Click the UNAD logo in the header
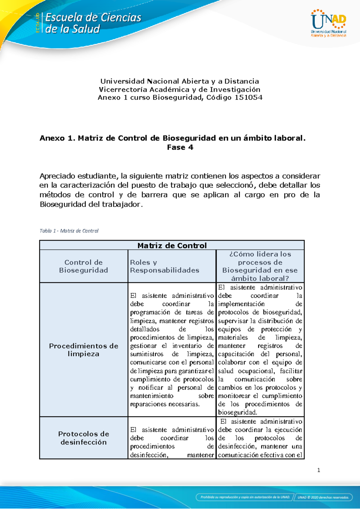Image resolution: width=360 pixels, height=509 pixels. [x=328, y=23]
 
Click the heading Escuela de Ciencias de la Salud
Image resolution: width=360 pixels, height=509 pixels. [x=93, y=23]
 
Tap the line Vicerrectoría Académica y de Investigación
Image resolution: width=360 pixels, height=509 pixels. [x=180, y=89]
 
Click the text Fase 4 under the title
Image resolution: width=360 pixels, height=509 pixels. [x=180, y=147]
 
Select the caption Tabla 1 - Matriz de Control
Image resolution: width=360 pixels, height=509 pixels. [x=69, y=231]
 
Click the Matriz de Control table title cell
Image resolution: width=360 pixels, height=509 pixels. [x=172, y=245]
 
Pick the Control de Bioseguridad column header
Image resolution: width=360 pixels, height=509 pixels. [x=83, y=266]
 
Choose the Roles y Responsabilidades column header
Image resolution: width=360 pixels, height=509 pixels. [x=164, y=266]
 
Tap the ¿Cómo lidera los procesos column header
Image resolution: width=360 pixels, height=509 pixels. [x=260, y=266]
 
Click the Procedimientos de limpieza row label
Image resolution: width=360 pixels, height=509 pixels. [x=83, y=350]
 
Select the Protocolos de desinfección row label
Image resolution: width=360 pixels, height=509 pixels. [x=83, y=438]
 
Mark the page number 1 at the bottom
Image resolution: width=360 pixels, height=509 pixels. [x=319, y=470]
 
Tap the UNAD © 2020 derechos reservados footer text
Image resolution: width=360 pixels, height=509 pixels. [x=323, y=497]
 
